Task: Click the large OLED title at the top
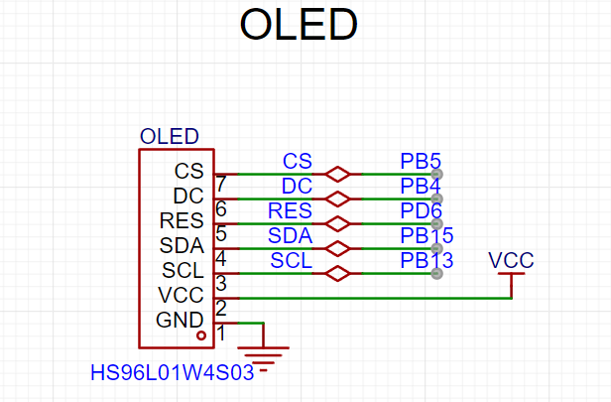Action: [299, 24]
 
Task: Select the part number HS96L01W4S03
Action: [173, 372]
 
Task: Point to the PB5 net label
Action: [421, 161]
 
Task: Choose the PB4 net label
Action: [421, 186]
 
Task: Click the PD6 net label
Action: [421, 210]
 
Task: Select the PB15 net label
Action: [427, 235]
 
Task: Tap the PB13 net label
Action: [427, 260]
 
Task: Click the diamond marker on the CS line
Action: [337, 175]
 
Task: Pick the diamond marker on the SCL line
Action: [337, 273]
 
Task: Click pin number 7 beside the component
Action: [221, 184]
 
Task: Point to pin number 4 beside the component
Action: [221, 258]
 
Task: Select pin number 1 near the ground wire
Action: [221, 333]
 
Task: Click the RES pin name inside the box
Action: [182, 220]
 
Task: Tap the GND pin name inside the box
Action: [180, 320]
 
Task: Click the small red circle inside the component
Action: [201, 335]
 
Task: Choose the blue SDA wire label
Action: [290, 235]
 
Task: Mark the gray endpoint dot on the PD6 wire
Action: [436, 223]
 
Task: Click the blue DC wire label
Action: [297, 186]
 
